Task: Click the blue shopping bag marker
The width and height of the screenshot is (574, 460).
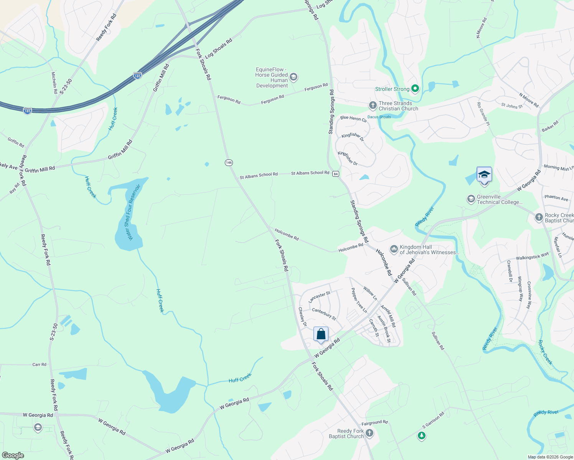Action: tap(321, 334)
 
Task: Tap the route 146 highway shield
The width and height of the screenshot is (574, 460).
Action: tap(229, 163)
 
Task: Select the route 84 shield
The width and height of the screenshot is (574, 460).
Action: tap(336, 174)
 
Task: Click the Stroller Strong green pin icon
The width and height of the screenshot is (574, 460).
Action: tap(415, 89)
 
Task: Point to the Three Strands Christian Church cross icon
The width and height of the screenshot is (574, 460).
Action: tap(373, 105)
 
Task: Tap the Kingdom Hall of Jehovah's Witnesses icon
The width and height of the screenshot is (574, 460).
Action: tap(394, 250)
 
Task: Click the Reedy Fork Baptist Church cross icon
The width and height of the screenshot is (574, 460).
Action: tap(369, 433)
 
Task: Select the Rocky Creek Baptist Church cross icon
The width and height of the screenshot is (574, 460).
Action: tap(539, 217)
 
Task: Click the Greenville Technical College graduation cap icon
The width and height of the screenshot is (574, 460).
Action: tap(471, 199)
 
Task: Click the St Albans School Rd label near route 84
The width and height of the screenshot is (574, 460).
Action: tap(310, 173)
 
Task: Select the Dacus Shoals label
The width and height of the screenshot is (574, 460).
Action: tap(379, 117)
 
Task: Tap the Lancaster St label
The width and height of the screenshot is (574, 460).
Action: tap(319, 297)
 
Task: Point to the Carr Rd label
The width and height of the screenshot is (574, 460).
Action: tap(39, 365)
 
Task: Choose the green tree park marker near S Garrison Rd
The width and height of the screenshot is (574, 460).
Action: tap(422, 435)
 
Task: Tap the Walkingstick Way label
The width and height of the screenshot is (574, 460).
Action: tap(532, 257)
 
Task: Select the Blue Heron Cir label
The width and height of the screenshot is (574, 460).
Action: tap(353, 119)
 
